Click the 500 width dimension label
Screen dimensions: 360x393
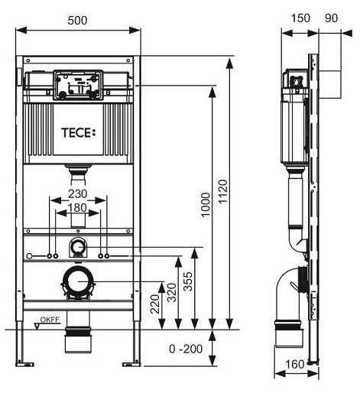click(x=77, y=21)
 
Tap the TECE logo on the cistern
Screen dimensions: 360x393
click(x=79, y=133)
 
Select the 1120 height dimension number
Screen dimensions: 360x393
click(x=223, y=191)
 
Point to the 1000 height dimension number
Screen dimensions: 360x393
click(x=206, y=205)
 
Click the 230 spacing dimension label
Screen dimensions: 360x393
click(x=78, y=194)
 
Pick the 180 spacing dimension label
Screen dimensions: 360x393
click(x=77, y=208)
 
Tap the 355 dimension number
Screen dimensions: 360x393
click(x=188, y=281)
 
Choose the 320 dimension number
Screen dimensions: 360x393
click(x=172, y=293)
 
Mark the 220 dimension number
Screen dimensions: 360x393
click(x=155, y=304)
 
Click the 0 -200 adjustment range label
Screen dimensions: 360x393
click(x=186, y=349)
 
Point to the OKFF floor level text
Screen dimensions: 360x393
click(x=50, y=320)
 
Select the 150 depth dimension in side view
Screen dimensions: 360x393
click(x=300, y=18)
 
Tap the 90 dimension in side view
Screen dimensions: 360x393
click(x=332, y=18)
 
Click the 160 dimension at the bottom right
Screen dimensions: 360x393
click(x=295, y=364)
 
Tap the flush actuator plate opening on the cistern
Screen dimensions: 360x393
click(x=78, y=85)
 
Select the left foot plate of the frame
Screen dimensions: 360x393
click(x=24, y=364)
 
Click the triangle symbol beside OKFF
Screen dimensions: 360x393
click(x=37, y=326)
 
